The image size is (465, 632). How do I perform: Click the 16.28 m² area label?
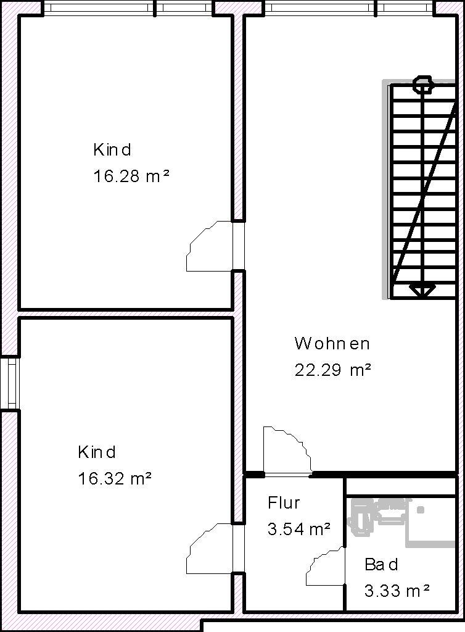click(x=131, y=176)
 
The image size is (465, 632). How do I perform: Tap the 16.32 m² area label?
click(x=115, y=478)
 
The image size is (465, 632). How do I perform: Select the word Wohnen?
click(x=332, y=343)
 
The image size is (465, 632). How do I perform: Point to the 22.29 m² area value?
click(x=332, y=370)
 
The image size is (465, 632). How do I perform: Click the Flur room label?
click(x=284, y=502)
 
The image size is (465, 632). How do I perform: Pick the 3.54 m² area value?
click(x=298, y=529)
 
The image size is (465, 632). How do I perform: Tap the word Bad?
click(x=381, y=564)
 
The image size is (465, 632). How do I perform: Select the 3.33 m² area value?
click(x=397, y=591)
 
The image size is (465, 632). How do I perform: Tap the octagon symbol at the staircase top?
click(x=422, y=84)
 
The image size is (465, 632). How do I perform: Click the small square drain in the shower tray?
click(x=421, y=510)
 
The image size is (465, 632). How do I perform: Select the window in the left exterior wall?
click(x=12, y=384)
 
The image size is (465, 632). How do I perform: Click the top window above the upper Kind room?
click(x=128, y=8)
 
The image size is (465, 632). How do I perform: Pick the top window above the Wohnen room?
click(x=350, y=8)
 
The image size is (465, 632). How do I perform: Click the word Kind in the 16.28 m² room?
click(x=112, y=150)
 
